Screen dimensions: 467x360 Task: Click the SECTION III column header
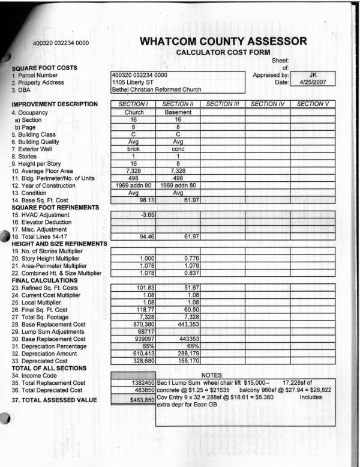pos(223,104)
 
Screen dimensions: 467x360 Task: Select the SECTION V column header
pos(313,104)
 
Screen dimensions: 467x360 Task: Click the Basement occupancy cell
pos(178,112)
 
